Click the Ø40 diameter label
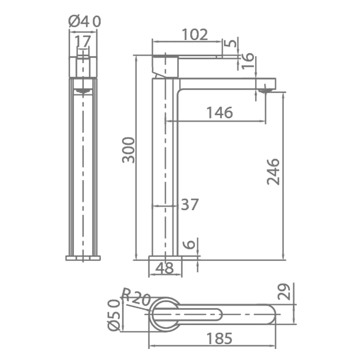85,21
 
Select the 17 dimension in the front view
82,41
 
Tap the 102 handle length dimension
195,34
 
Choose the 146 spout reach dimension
220,113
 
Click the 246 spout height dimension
273,172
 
